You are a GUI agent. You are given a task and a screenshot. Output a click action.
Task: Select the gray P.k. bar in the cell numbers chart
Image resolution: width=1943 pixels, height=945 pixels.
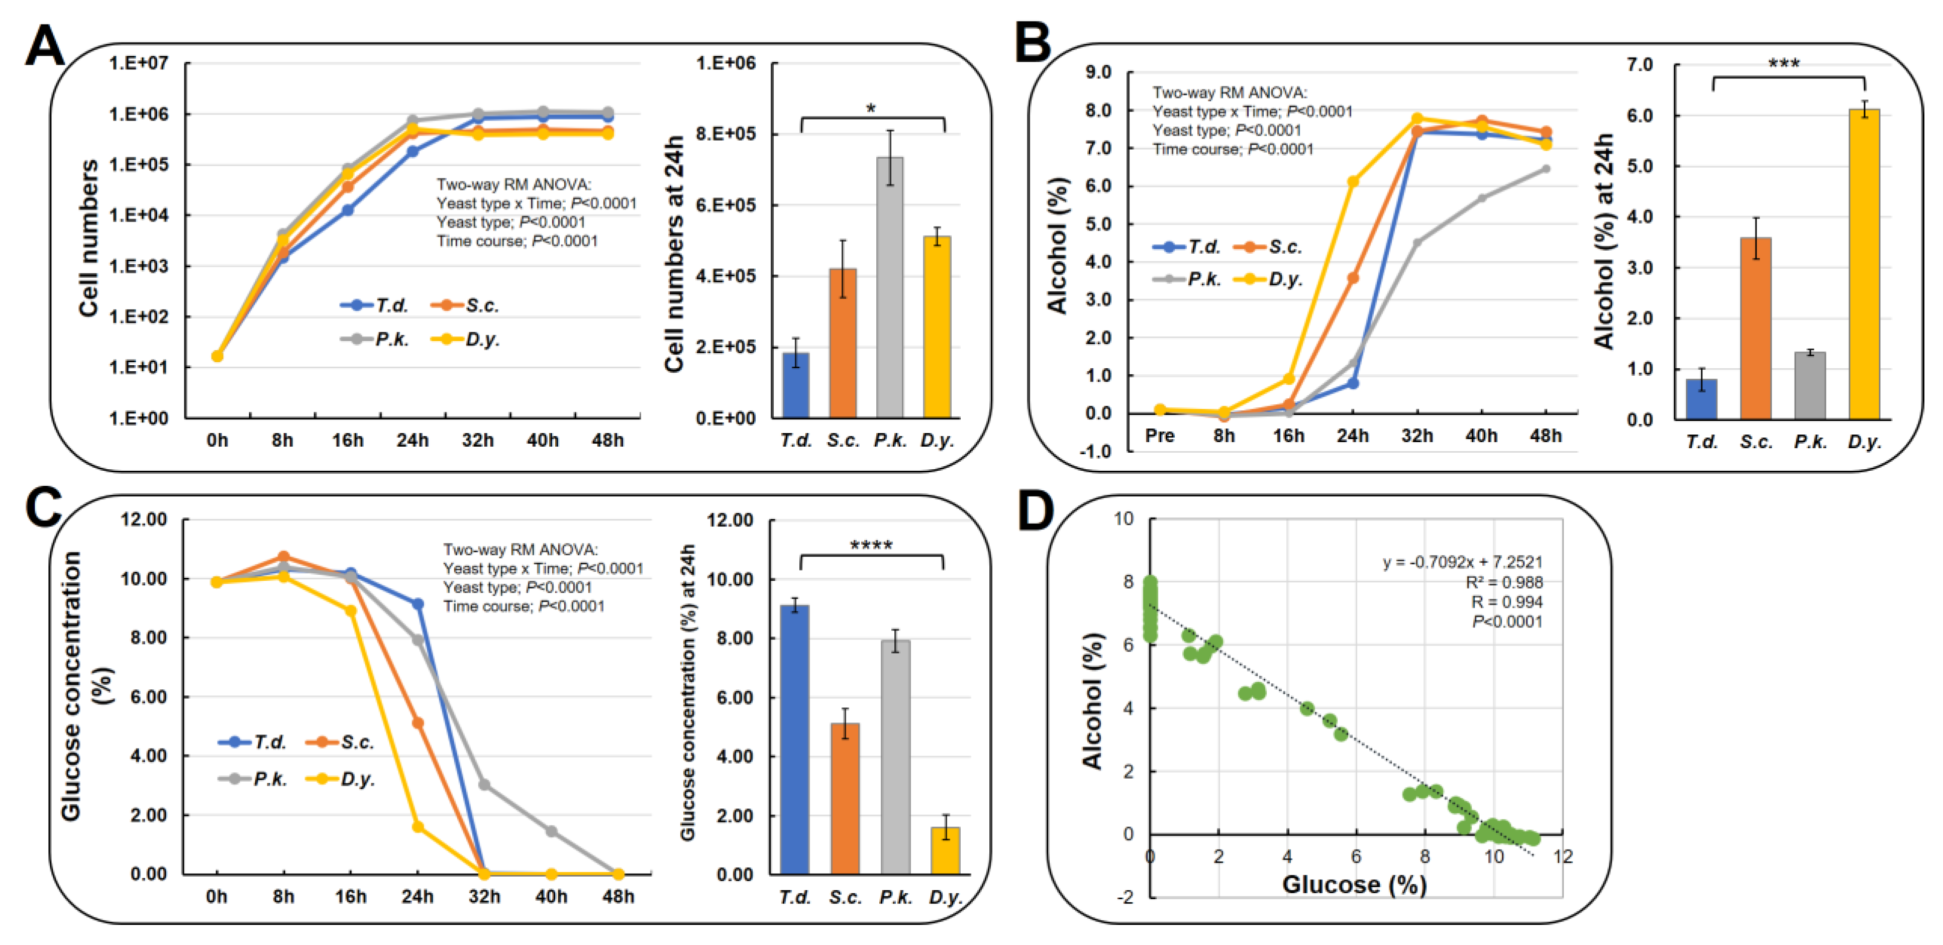pos(890,286)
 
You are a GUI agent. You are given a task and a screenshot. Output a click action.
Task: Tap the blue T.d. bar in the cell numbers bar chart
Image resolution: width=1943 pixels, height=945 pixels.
pos(796,385)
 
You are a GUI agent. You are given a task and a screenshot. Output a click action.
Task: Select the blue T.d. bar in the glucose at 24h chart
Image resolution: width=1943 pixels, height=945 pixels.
pos(794,739)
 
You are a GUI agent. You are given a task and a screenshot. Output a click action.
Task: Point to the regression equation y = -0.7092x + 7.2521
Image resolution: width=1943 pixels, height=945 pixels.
pos(1462,562)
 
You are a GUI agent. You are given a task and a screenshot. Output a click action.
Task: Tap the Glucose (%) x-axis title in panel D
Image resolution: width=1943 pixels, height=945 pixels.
pos(1354,884)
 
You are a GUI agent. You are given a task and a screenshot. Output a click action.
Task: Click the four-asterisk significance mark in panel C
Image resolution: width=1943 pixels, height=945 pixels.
pos(871,545)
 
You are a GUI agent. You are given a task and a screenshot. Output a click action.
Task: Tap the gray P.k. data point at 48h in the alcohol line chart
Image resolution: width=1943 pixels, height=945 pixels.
pos(1546,169)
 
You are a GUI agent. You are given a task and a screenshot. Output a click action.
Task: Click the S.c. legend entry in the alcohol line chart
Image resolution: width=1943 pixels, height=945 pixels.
pos(1268,247)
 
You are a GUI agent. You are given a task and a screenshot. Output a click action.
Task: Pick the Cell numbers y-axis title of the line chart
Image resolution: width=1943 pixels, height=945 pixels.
pos(88,238)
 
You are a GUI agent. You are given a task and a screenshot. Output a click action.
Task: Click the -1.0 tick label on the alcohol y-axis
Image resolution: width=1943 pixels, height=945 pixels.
pos(1097,452)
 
